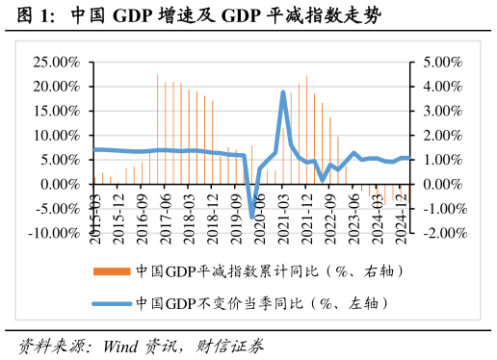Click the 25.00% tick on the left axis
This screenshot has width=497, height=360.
pos(58,62)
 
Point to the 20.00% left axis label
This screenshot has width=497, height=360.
pos(58,87)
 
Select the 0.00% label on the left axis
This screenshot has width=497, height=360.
pos(62,184)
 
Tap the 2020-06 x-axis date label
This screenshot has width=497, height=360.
pos(260,217)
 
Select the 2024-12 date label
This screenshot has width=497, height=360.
pos(400,217)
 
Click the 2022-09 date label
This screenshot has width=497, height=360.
pos(330,217)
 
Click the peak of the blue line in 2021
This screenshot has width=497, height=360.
pos(283,92)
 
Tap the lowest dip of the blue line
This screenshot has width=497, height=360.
pos(252,217)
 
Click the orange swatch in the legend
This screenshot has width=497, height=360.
pos(111,272)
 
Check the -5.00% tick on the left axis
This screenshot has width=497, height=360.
pos(58,209)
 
